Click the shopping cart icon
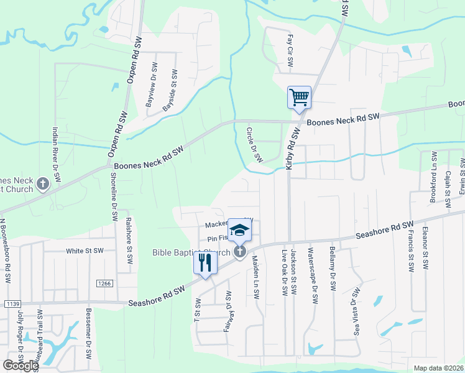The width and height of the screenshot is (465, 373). coord(299,98)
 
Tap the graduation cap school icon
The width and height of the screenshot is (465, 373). coord(238,230)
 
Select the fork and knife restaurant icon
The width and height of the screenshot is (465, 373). coord(205,262)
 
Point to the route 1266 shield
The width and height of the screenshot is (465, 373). coord(104,283)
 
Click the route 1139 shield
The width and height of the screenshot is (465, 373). coord(12,303)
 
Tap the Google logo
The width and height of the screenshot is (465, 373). coord(21,366)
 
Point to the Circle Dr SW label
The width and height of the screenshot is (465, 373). coord(254,145)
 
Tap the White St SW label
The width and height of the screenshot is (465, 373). coord(85,251)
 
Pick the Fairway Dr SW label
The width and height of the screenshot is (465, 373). coord(228,311)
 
